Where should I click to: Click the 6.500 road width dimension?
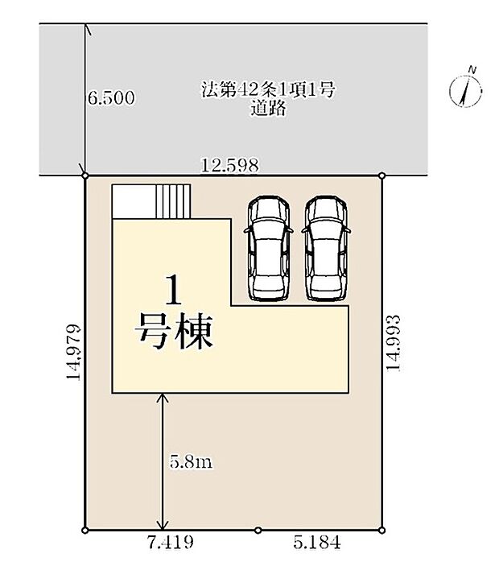coord(111,99)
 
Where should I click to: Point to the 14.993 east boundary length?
coord(394,343)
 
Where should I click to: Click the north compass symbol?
coord(467,88)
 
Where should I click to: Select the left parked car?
coord(266,247)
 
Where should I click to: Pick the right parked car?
coord(326,247)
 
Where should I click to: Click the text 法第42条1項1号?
coord(268,90)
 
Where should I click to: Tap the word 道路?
coord(268,109)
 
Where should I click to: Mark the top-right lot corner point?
coord(381,176)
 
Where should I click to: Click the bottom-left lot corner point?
coord(85,530)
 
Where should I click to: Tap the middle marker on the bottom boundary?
coord(258,530)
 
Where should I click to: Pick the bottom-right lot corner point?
coord(381,530)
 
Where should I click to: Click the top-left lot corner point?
coord(85,176)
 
